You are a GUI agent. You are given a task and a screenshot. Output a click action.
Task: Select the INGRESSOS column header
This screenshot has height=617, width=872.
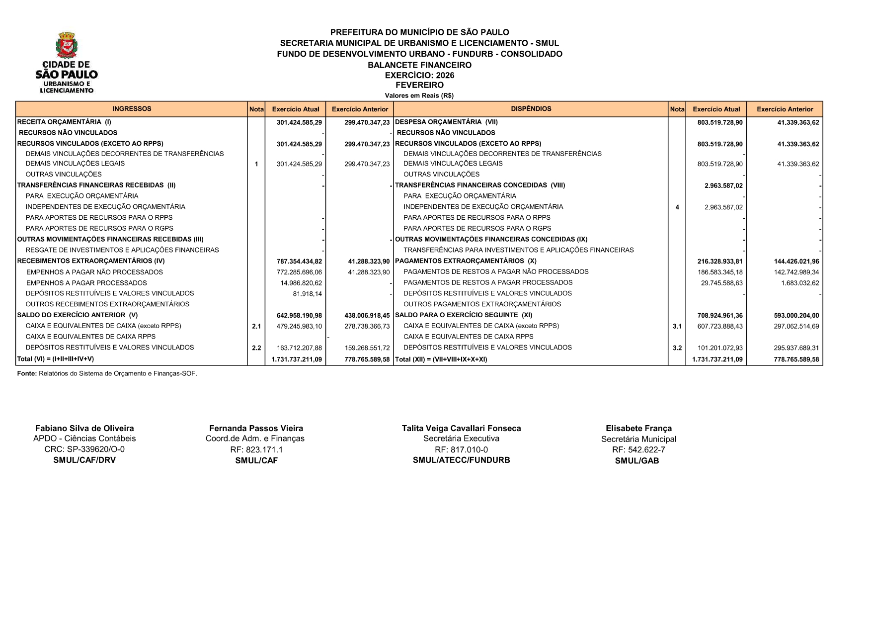(x=132, y=109)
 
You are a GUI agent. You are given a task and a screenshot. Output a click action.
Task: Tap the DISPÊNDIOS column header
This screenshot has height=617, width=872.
(x=531, y=109)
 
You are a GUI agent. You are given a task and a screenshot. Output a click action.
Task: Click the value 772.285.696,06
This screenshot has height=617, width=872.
(x=299, y=272)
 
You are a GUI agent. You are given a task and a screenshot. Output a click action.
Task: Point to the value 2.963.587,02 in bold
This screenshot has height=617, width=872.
(x=723, y=186)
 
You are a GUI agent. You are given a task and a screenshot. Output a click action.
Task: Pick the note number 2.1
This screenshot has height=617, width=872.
(x=256, y=327)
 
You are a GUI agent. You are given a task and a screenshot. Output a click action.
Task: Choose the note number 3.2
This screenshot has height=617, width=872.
(x=677, y=348)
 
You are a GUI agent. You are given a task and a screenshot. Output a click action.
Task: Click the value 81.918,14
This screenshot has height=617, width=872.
(x=307, y=294)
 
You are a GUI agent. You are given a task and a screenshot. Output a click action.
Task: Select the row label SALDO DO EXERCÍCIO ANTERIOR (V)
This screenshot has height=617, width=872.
(x=78, y=315)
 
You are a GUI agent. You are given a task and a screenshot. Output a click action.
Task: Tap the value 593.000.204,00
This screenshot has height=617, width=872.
(x=796, y=316)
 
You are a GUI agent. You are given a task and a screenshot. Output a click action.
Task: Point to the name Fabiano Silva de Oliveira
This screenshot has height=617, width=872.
(x=84, y=429)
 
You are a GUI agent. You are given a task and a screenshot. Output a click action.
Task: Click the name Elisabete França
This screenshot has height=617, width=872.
(x=638, y=429)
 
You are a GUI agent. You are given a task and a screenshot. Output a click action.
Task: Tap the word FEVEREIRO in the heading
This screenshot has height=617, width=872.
(x=419, y=85)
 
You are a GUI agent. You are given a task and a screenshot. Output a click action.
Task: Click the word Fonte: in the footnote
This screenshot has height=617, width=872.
(x=27, y=374)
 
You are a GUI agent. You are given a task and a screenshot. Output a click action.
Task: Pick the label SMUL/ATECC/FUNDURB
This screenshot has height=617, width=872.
(x=461, y=460)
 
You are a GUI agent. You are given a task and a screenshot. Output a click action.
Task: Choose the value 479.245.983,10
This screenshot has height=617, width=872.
(x=299, y=327)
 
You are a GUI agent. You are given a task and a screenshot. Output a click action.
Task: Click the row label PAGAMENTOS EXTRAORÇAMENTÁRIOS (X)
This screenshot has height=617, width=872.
(x=466, y=261)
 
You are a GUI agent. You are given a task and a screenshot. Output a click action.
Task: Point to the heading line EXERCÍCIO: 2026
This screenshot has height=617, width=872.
(x=419, y=76)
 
